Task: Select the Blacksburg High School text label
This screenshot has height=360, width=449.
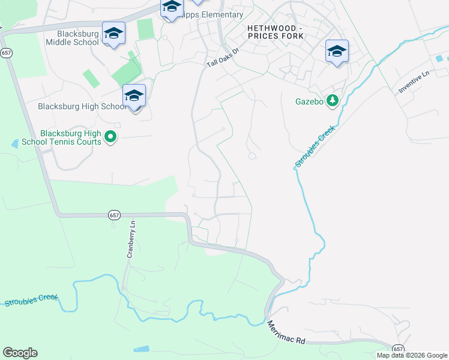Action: click(x=82, y=106)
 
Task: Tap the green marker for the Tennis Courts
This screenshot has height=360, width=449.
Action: click(x=110, y=137)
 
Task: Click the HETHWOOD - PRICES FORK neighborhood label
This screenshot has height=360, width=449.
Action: click(x=276, y=32)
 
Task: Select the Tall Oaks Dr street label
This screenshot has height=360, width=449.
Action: click(x=224, y=57)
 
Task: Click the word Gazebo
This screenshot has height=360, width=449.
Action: click(x=309, y=101)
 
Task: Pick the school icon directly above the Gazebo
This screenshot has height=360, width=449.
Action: click(x=337, y=52)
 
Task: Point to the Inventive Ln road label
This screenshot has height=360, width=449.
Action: click(x=414, y=82)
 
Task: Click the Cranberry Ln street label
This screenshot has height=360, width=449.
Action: click(x=131, y=239)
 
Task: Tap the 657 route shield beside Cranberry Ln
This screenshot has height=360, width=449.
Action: click(x=114, y=215)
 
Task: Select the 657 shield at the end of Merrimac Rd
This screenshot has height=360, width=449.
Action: click(x=398, y=349)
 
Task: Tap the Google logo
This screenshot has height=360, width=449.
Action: click(x=20, y=353)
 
